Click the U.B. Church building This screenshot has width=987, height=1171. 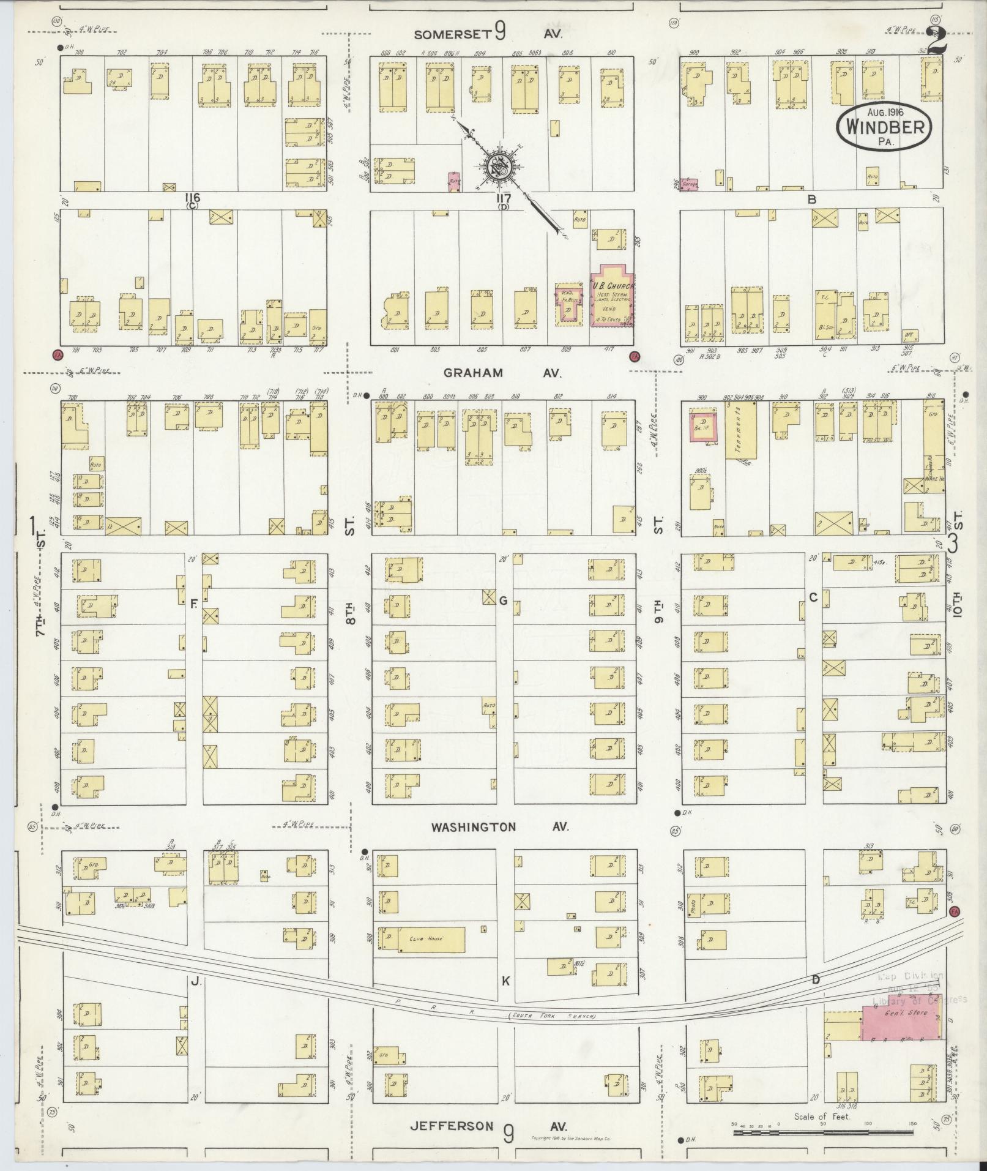pos(611,296)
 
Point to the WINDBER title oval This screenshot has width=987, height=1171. pos(885,126)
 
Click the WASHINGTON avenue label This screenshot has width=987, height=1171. pos(473,827)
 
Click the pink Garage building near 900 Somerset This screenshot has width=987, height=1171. pos(690,182)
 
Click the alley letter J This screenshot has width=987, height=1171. pos(195,982)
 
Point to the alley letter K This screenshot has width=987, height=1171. pos(505,981)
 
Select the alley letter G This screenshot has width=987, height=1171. pos(504,600)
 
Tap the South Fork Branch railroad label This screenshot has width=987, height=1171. pos(551,1017)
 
